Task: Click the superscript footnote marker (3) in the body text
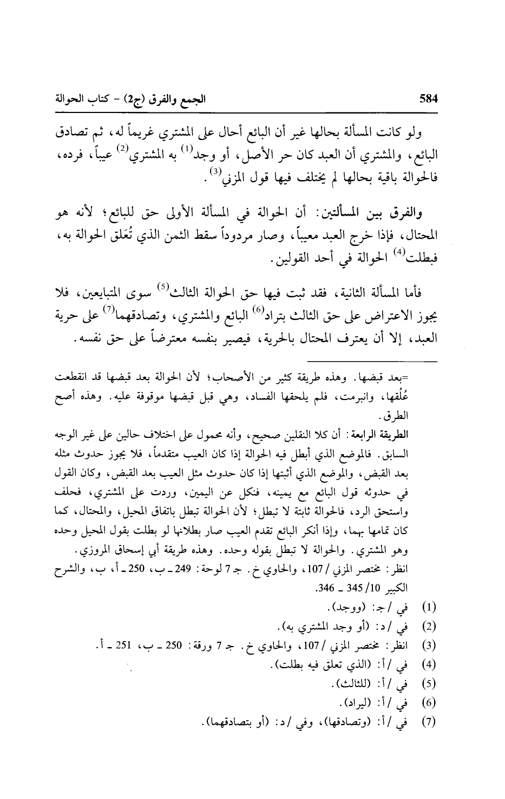click(x=199, y=172)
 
